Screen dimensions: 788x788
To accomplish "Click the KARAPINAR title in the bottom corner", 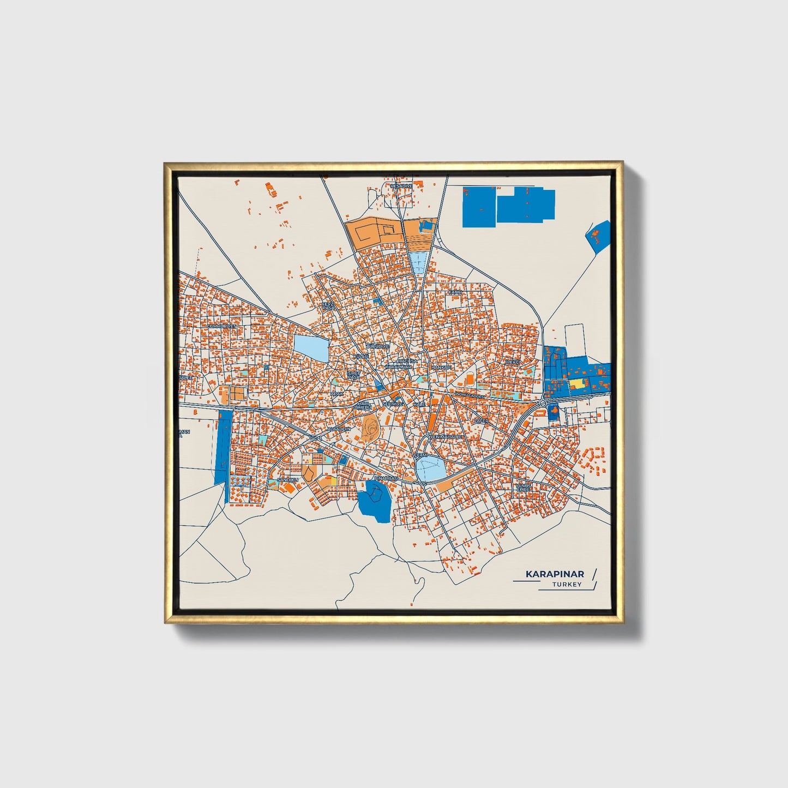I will point(554,574).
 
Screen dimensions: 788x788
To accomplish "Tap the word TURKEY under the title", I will point(567,585).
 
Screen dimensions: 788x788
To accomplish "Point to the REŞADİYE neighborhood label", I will point(401,186).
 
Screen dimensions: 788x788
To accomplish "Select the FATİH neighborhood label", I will point(454,292).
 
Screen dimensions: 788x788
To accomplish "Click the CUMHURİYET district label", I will point(222,326).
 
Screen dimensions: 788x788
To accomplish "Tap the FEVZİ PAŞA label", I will point(328,306).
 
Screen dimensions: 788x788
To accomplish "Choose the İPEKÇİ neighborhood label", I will point(513,362).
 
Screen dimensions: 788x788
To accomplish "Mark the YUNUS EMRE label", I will point(523,487).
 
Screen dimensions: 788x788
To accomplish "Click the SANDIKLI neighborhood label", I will point(288,480).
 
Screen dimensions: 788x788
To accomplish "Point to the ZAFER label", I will point(480,421).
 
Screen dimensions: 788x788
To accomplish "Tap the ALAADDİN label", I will point(339,430).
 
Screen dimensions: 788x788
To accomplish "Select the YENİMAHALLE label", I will point(447,437).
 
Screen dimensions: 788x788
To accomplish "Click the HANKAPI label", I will point(442,368).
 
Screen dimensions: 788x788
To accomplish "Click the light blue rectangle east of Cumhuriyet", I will point(311,348).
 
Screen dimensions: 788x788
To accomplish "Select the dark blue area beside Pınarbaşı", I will point(375,498).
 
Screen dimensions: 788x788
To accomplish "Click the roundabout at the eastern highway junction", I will point(543,402).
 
